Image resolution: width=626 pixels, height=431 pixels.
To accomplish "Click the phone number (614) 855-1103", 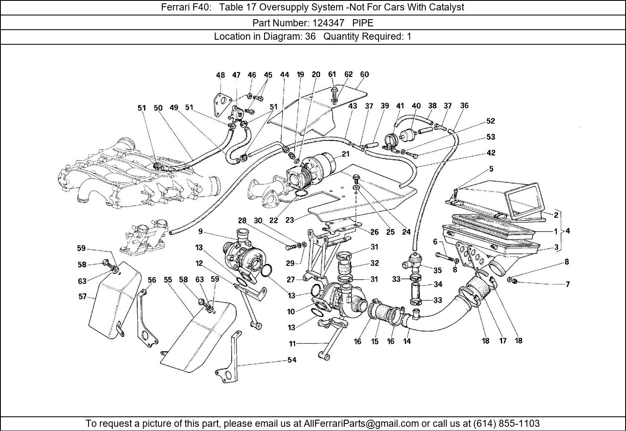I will pos(507,423).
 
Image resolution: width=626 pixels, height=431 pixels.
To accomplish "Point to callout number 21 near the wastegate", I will pos(345,154).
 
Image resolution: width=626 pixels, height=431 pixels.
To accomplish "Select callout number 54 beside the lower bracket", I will pos(292,360).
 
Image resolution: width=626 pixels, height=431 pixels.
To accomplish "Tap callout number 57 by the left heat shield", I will pos(82,296).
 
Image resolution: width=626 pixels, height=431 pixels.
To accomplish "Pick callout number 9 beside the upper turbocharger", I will pos(200,231).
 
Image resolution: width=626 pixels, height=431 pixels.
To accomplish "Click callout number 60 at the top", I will pos(364,75).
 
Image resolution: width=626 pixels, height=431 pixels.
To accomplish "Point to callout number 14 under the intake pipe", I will pos(407,341).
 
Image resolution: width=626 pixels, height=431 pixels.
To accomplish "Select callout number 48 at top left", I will pos(220,75).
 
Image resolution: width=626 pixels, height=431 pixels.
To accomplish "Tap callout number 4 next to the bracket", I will pos(568,231).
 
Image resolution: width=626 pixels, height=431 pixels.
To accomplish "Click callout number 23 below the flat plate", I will pos(290,219).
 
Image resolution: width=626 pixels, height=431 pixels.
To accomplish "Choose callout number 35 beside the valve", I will pos(437,270).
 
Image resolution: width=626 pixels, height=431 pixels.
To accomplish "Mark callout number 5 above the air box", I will pos(491,169).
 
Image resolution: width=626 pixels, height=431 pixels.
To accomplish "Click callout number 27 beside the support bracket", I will pos(291,280).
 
